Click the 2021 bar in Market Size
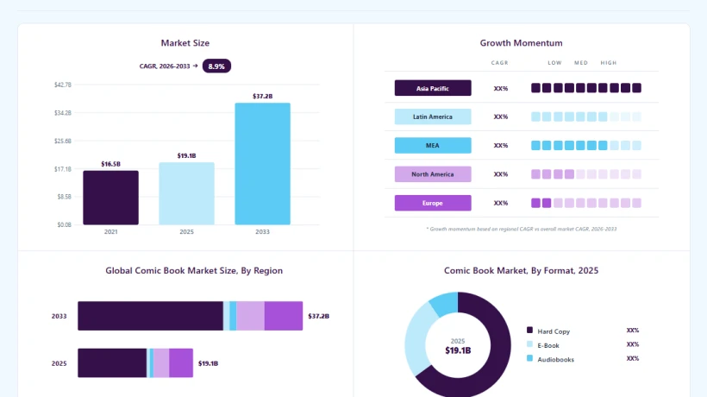[x=111, y=198]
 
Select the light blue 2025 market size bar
[x=187, y=193]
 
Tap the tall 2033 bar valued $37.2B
[x=262, y=164]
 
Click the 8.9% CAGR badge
[x=216, y=66]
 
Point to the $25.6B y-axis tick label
[x=63, y=142]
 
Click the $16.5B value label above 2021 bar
[x=111, y=164]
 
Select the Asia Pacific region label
[x=433, y=88]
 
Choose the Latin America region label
[x=433, y=117]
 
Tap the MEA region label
[x=433, y=145]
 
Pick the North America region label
[x=433, y=174]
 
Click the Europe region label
[x=433, y=203]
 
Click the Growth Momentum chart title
[x=522, y=43]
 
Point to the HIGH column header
[x=608, y=63]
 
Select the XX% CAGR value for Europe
[x=500, y=203]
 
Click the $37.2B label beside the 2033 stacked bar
[x=319, y=316]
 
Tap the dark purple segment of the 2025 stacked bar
[x=112, y=362]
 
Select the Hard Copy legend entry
[x=548, y=331]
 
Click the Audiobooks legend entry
[x=551, y=359]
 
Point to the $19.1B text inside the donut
[x=458, y=350]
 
